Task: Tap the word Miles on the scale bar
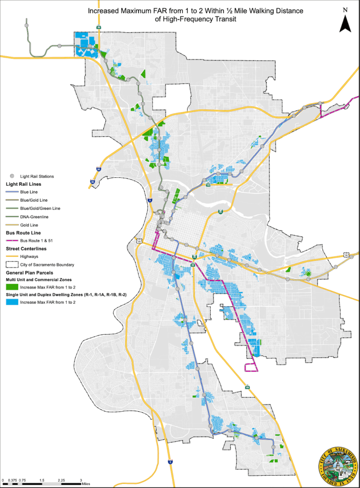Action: (85, 485)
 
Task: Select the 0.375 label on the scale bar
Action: (12, 480)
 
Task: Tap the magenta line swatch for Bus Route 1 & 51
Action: (12, 241)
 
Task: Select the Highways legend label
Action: (29, 256)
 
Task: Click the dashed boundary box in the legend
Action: (12, 264)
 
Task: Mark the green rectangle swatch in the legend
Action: (12, 287)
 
